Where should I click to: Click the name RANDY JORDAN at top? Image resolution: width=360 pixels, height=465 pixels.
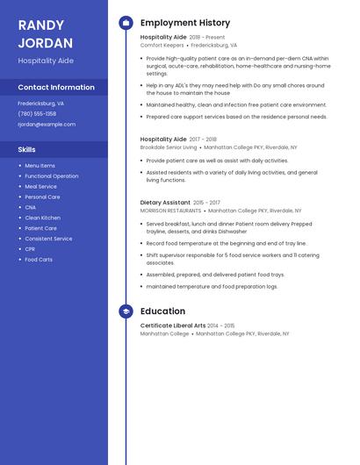[x=42, y=32]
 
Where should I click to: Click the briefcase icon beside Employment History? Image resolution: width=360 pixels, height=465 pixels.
[x=126, y=23]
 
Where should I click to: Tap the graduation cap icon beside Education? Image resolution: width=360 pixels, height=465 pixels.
[x=126, y=311]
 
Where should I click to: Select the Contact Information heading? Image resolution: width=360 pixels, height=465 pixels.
[x=56, y=88]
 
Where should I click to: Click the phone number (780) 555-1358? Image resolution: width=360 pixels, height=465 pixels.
[x=37, y=113]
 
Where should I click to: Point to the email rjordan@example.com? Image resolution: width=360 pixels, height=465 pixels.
[x=47, y=124]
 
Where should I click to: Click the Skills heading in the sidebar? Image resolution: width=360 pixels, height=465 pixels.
[x=27, y=150]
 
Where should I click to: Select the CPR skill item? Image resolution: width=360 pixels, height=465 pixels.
[x=31, y=249]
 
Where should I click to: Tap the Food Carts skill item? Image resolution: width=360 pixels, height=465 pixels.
[x=39, y=260]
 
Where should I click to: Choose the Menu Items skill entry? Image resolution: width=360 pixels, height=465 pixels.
[x=40, y=166]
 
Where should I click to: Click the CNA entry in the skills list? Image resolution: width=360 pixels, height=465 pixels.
[x=31, y=207]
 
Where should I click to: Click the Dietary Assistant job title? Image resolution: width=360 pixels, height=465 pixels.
[x=165, y=203]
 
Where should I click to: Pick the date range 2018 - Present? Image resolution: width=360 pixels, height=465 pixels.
[x=207, y=38]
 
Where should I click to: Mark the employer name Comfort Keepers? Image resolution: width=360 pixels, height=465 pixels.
[x=162, y=45]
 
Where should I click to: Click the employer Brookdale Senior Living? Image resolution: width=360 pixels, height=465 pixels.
[x=169, y=147]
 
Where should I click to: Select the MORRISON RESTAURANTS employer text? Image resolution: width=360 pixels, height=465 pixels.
[x=170, y=211]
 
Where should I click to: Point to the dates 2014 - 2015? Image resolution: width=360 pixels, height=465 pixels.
[x=221, y=325]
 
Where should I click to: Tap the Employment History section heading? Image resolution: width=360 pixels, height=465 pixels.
[x=185, y=23]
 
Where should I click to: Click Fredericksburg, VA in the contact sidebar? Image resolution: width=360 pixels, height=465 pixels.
[x=40, y=103]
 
